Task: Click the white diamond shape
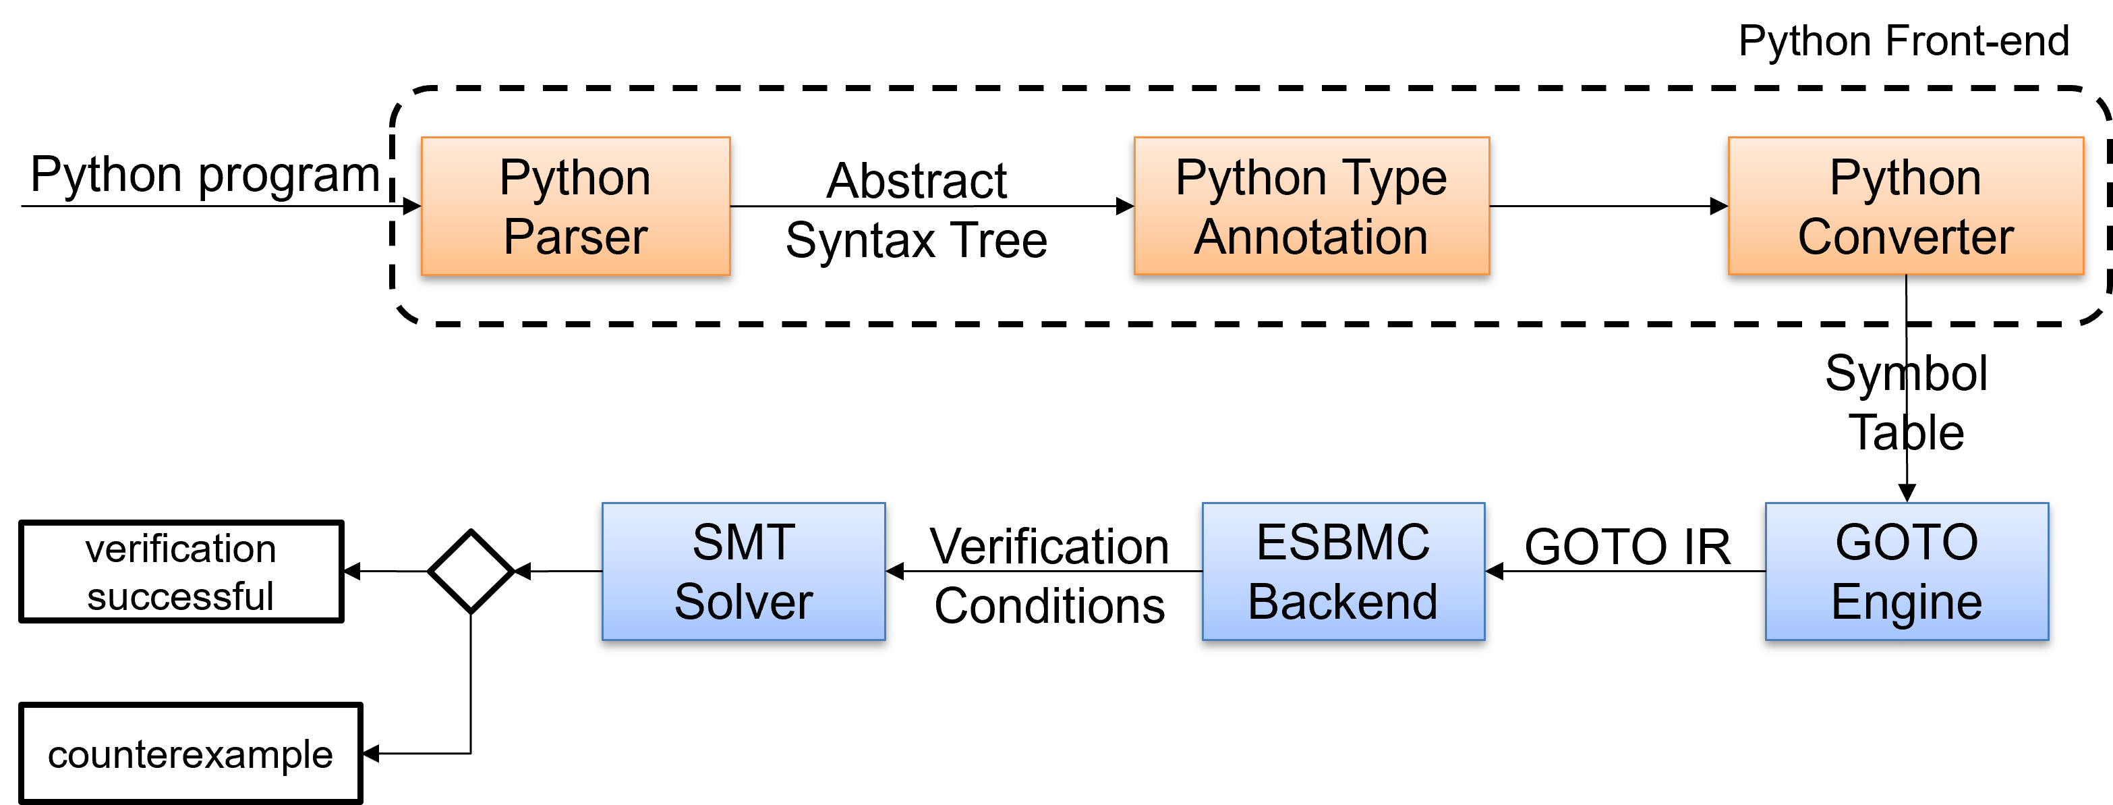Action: tap(471, 572)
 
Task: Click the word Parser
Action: tap(575, 238)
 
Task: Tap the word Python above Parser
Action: tap(575, 178)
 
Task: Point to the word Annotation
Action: tap(1311, 238)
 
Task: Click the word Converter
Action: tap(1905, 238)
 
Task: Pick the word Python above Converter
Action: tap(1905, 178)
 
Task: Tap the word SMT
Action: tap(743, 543)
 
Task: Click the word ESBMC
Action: tap(1343, 543)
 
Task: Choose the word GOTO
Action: tap(1907, 543)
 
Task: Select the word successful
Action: tap(181, 596)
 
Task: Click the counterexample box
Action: tap(190, 753)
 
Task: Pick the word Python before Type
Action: tap(1251, 178)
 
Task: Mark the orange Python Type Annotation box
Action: tap(1311, 206)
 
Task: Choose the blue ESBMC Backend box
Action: tap(1343, 572)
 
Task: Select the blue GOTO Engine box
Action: tap(1907, 572)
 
